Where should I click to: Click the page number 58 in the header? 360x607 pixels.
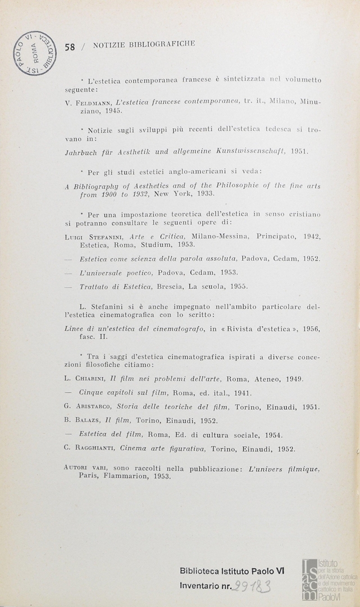pyautogui.click(x=70, y=47)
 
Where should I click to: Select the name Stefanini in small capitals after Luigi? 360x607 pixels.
pyautogui.click(x=104, y=237)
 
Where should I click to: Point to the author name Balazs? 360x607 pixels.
pyautogui.click(x=89, y=420)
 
